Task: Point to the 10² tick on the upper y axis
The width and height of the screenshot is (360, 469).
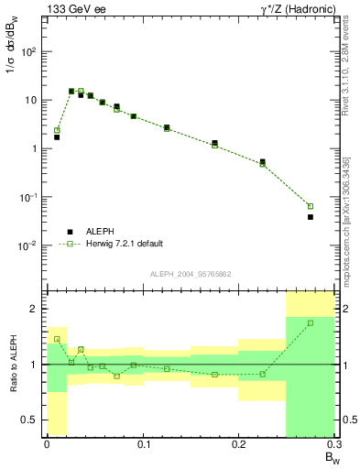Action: (29, 51)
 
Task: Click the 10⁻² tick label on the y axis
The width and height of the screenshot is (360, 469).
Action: (29, 245)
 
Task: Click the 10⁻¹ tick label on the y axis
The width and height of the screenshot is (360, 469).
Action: (29, 197)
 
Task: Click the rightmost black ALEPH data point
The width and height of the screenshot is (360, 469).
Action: (311, 217)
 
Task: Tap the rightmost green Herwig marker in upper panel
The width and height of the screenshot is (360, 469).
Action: (311, 206)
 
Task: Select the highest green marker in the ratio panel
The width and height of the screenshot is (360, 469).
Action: (311, 322)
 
